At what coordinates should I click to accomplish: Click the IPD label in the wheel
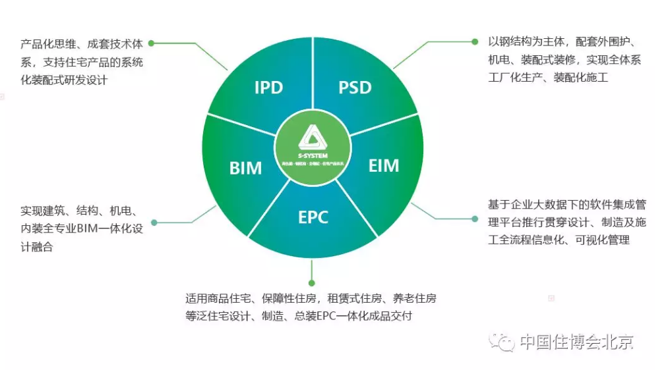pos(268,88)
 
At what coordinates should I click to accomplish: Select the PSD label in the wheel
pos(355,88)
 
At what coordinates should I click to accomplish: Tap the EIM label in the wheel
pos(383,165)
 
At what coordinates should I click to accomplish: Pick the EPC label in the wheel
pos(313,217)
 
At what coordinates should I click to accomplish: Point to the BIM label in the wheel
pos(245,168)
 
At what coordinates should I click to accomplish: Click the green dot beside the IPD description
pos(151,43)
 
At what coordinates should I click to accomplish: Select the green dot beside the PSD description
pos(475,41)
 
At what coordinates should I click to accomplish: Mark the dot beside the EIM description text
pos(475,219)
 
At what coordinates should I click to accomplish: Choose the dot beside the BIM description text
pos(154,223)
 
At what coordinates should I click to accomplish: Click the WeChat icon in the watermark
pos(507,342)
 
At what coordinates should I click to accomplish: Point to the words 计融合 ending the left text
pos(36,248)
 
